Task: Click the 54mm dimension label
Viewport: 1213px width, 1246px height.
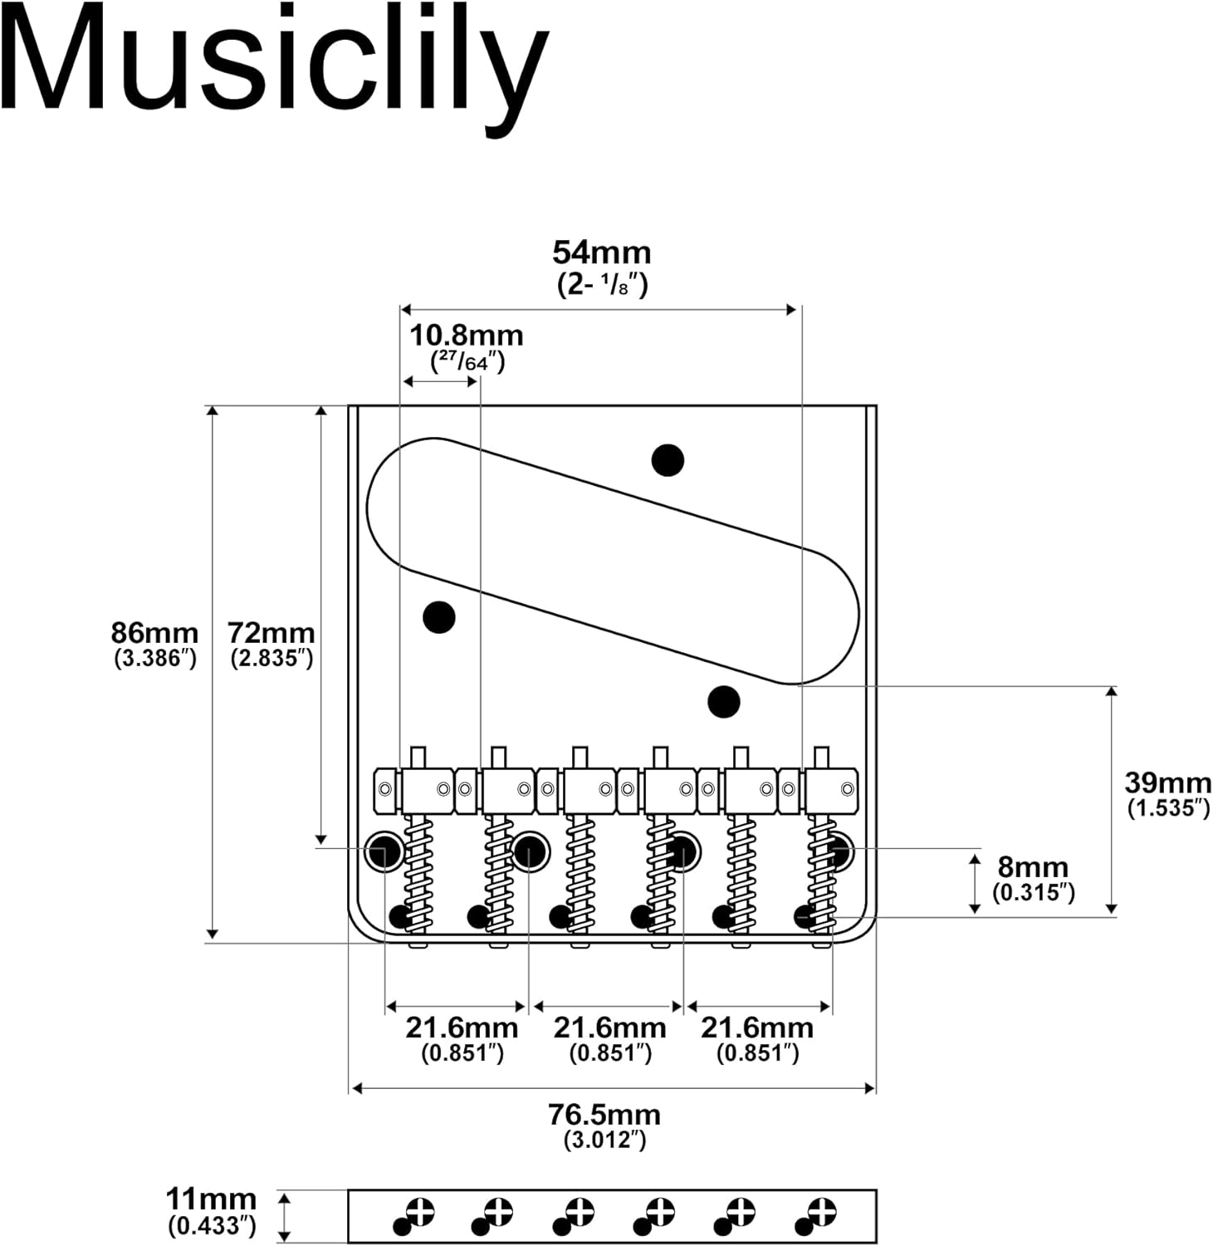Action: [602, 253]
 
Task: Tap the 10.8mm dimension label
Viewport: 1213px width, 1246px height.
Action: [467, 336]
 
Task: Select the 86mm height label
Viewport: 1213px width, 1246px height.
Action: [155, 633]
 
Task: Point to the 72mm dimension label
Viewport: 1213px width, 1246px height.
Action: [271, 633]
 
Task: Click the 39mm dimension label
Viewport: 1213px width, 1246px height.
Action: [1167, 782]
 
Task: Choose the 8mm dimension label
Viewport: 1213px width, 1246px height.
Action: [1033, 867]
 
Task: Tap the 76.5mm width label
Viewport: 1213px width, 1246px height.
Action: [604, 1114]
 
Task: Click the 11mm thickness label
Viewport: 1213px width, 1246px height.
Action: [211, 1199]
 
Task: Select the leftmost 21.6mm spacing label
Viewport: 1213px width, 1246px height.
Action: [462, 1028]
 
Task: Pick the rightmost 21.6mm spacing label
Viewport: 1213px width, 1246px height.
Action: [757, 1028]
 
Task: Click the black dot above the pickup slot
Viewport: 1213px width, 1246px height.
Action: [668, 459]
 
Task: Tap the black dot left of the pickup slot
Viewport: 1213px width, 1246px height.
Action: [438, 616]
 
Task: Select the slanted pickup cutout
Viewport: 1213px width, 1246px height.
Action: [613, 562]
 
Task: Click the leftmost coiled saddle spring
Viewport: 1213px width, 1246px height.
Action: [418, 872]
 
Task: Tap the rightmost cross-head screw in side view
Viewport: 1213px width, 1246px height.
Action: [822, 1212]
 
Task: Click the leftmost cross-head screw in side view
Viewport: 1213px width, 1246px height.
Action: [420, 1212]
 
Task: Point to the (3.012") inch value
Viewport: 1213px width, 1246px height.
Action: [604, 1140]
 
